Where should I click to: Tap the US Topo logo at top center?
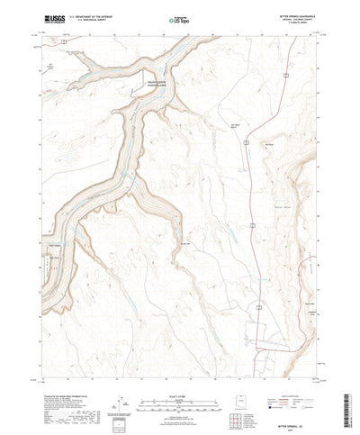(173, 17)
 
